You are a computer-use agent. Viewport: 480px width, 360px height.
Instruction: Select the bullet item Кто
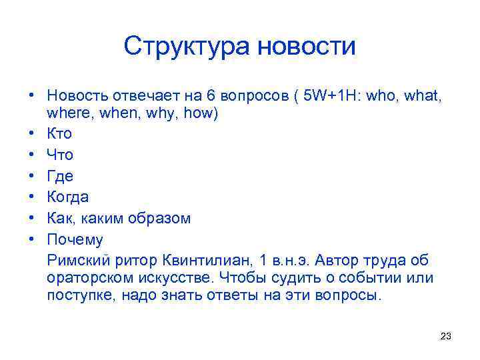point(59,133)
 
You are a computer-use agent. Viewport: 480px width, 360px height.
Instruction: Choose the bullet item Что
point(60,155)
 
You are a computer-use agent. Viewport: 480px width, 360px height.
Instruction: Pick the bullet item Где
point(60,176)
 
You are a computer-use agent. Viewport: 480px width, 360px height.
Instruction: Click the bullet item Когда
point(67,197)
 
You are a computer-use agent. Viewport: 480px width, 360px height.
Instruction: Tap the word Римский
point(75,260)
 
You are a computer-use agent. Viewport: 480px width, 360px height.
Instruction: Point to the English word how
point(200,113)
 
